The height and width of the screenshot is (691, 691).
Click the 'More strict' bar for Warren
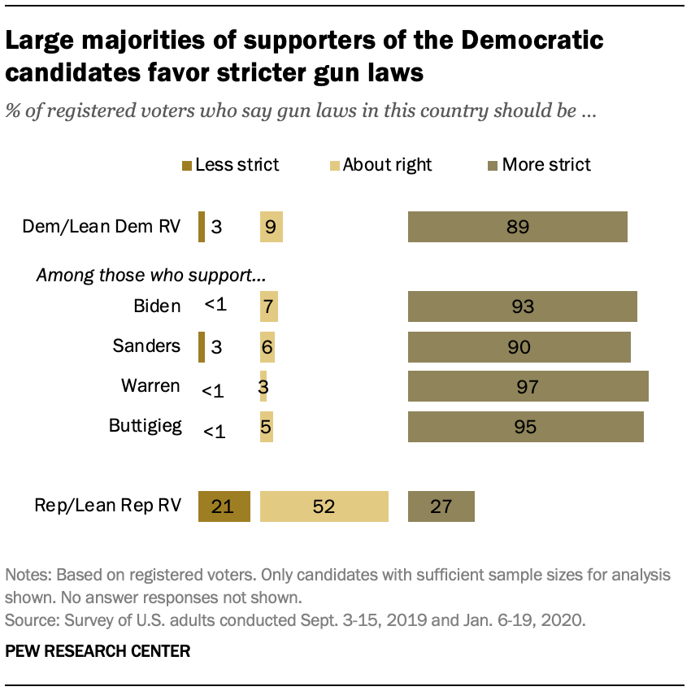click(x=528, y=386)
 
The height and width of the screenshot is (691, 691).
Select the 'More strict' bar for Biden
click(x=522, y=306)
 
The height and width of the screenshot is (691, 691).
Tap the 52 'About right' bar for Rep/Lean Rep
click(x=324, y=506)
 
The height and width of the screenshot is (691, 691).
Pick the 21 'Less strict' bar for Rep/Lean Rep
click(x=224, y=506)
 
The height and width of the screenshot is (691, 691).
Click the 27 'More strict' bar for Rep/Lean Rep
click(x=441, y=506)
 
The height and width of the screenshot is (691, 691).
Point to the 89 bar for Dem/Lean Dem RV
click(x=517, y=227)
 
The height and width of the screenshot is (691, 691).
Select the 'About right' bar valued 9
click(x=271, y=227)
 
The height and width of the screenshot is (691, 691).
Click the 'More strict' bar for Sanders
click(x=519, y=347)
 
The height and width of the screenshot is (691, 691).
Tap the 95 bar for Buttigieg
click(x=525, y=427)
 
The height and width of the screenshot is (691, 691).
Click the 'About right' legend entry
click(x=380, y=165)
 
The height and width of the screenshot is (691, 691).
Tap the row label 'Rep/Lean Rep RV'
click(x=107, y=506)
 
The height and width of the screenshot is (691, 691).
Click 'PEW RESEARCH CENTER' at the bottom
click(x=98, y=651)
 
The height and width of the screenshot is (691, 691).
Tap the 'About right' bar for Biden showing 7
click(x=268, y=306)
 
